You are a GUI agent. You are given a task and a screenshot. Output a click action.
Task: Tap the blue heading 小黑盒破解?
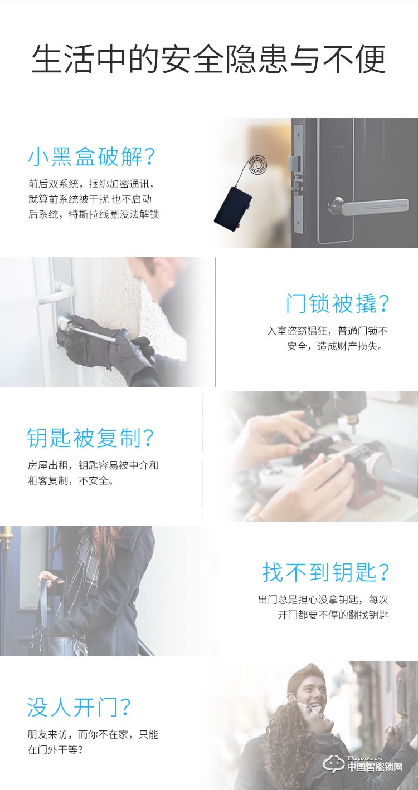[91, 158]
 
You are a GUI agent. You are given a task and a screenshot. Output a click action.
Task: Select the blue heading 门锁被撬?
[337, 304]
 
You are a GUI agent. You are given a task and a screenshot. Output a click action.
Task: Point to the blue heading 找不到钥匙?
[326, 572]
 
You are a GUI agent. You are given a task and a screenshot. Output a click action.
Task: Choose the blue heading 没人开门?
[79, 707]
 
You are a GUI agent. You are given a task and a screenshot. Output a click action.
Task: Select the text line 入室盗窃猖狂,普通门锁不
[327, 331]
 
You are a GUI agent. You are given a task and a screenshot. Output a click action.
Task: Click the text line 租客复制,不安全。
[71, 480]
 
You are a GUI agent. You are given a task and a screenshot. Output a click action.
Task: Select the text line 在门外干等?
[55, 749]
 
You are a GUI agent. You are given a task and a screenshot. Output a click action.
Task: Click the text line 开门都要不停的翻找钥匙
[333, 615]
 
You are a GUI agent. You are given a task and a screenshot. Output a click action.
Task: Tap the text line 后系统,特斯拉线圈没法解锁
[94, 214]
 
